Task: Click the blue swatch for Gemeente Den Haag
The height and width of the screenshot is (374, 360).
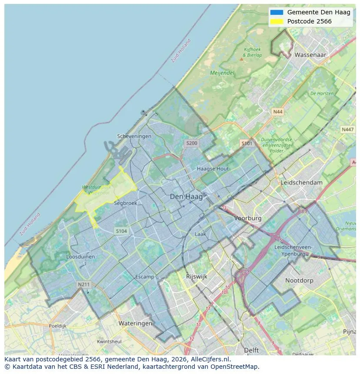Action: (277, 13)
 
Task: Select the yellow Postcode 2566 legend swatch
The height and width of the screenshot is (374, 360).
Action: (277, 21)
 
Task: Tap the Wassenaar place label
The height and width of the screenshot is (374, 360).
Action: (310, 55)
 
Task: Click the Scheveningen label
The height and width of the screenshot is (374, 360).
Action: (134, 136)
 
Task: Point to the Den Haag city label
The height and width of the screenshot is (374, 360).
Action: (186, 197)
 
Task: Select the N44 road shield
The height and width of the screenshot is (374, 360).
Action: (277, 112)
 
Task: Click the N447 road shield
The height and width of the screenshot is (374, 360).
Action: (347, 129)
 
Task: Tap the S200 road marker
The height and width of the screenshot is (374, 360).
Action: (191, 143)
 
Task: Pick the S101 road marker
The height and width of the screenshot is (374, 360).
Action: (247, 143)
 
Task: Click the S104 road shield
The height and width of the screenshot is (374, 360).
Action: (121, 231)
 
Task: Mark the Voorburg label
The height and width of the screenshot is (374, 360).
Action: (248, 218)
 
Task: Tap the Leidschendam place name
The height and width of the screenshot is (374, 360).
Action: (302, 183)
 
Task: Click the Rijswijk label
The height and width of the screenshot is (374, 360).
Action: (197, 276)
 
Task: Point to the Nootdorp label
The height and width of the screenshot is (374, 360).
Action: (299, 281)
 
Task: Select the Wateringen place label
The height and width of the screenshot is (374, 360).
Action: (135, 323)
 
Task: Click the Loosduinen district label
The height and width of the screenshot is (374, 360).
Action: (80, 257)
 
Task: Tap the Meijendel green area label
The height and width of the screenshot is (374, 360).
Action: (222, 73)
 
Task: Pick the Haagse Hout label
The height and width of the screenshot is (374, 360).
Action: (213, 169)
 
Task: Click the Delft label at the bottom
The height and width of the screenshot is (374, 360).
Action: (251, 350)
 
